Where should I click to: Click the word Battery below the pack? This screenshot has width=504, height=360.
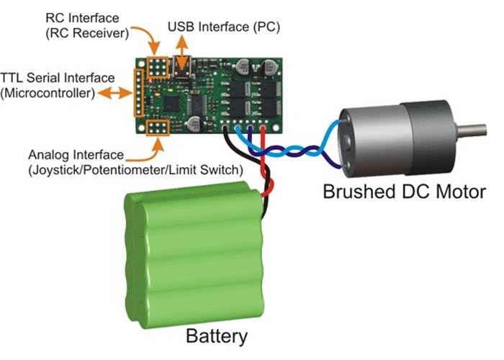(217, 336)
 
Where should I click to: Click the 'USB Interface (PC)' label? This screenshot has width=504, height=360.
(224, 27)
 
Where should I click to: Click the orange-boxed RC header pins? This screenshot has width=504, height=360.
(158, 66)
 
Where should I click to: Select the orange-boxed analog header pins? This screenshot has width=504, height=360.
(157, 129)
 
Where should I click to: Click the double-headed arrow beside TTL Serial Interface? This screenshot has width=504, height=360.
(112, 93)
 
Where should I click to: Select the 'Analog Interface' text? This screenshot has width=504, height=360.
(76, 155)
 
